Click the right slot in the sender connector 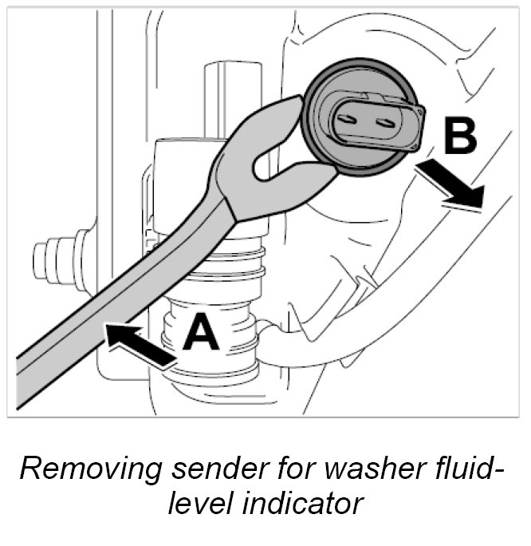[x=383, y=124]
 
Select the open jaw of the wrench [x=269, y=163]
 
